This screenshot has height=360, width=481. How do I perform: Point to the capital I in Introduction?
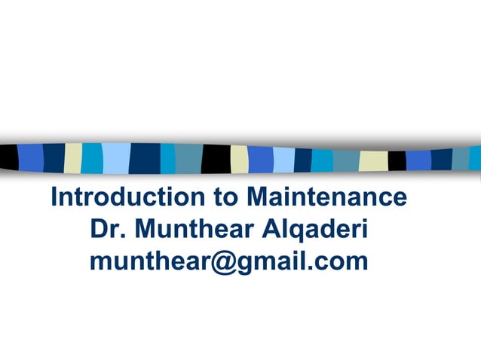[54, 197]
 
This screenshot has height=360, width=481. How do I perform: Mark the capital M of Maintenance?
[258, 197]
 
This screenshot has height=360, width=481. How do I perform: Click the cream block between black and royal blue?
[239, 158]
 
